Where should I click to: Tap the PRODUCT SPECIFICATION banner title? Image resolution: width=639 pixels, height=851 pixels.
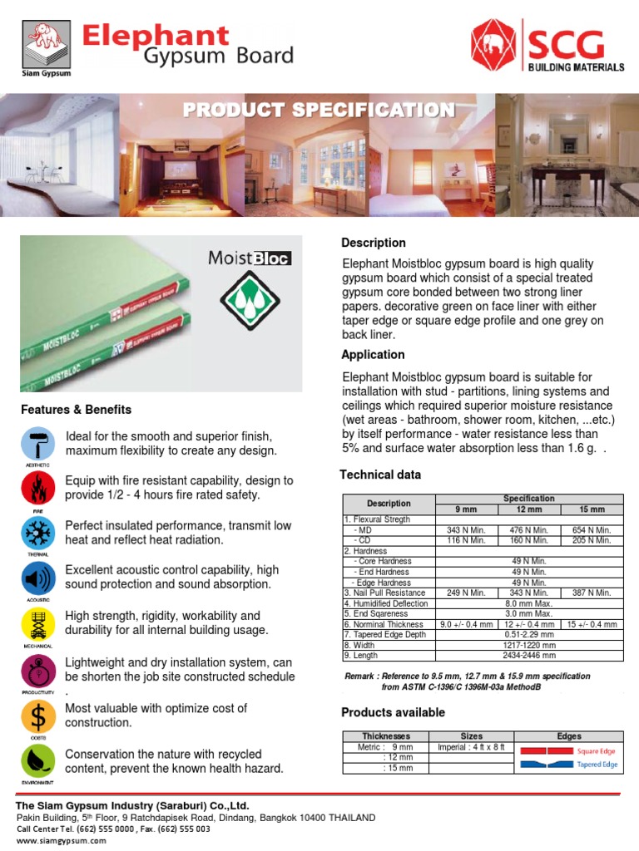[x=319, y=111]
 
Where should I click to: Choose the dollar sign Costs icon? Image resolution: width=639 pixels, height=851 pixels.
[x=37, y=715]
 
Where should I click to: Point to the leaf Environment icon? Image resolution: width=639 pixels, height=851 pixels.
[x=37, y=760]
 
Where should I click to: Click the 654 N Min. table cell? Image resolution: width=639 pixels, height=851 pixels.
[x=592, y=530]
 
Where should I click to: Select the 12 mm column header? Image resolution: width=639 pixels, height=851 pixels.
[x=529, y=509]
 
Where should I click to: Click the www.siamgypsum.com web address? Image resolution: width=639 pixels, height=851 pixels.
[x=62, y=840]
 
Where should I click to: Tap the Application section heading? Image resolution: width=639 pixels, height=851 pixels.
[x=373, y=355]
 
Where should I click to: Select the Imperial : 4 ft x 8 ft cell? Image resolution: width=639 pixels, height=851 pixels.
[x=471, y=746]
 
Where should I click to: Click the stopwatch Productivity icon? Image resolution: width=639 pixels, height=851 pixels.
[x=37, y=670]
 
